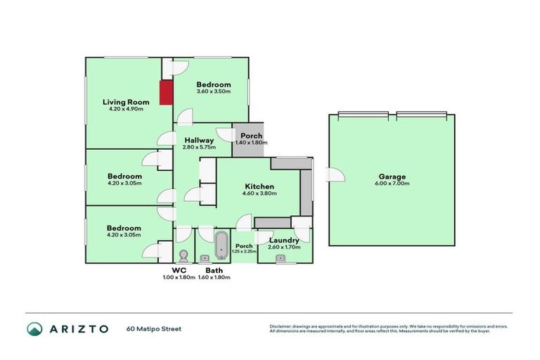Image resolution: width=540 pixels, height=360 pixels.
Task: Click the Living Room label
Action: [x=126, y=101]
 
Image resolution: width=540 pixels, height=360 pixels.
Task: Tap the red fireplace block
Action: [x=166, y=92]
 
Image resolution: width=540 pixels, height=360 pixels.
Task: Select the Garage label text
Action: [x=392, y=176]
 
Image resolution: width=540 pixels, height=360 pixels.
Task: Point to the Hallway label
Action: [x=199, y=140]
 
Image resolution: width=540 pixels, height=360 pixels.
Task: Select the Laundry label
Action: [x=284, y=240]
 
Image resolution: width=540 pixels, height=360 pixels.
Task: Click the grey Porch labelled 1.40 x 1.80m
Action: [x=251, y=139]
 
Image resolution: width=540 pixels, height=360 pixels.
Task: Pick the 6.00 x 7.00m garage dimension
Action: [x=392, y=184]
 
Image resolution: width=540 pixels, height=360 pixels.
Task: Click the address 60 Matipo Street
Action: [x=153, y=328]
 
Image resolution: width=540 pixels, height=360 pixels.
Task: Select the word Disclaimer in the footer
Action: [x=282, y=326]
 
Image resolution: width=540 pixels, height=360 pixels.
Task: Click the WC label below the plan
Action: [x=179, y=270]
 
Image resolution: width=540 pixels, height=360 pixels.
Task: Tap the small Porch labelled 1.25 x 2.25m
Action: [x=243, y=248]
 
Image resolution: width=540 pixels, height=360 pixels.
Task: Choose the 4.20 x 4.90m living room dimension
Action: [x=126, y=109]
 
